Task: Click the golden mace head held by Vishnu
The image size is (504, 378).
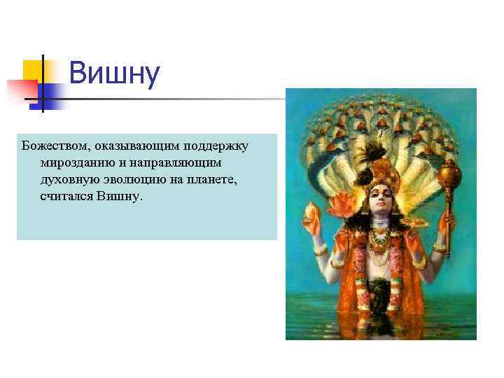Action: click(x=448, y=169)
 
